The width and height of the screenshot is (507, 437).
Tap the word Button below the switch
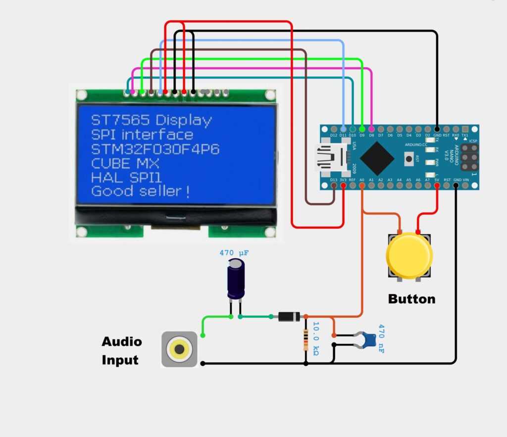[x=411, y=299]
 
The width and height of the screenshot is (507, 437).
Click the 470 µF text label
[x=234, y=253]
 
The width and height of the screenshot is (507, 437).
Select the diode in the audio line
[x=288, y=317]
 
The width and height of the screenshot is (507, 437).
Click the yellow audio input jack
[x=179, y=349]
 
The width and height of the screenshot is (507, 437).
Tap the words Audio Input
[x=121, y=350]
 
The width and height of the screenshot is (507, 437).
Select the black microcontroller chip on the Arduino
[x=377, y=158]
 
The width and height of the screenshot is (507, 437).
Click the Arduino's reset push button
[x=409, y=158]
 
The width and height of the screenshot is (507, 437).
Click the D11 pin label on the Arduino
[x=343, y=135]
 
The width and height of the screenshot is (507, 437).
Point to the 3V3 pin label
[x=343, y=180]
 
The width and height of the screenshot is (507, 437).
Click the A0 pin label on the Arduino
[x=362, y=180]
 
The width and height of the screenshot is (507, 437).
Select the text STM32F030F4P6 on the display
[x=155, y=149]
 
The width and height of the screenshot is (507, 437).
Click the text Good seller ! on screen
[x=141, y=191]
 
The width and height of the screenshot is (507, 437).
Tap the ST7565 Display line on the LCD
[x=152, y=120]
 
